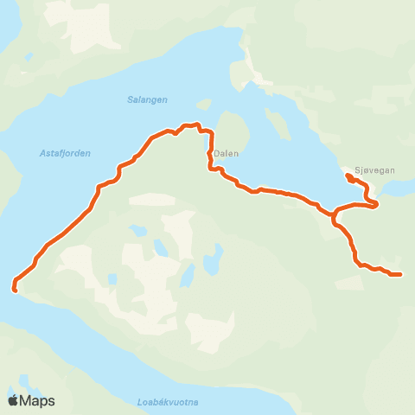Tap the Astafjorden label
65,153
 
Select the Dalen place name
226,154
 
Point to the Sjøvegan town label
375,170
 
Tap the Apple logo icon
13,400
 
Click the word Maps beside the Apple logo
37,400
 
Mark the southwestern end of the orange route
15,289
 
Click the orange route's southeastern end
400,275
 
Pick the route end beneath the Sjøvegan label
348,176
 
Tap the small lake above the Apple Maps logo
23,380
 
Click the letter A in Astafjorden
42,153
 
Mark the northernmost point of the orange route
198,124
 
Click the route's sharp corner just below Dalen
210,169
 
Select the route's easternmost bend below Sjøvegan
377,203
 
